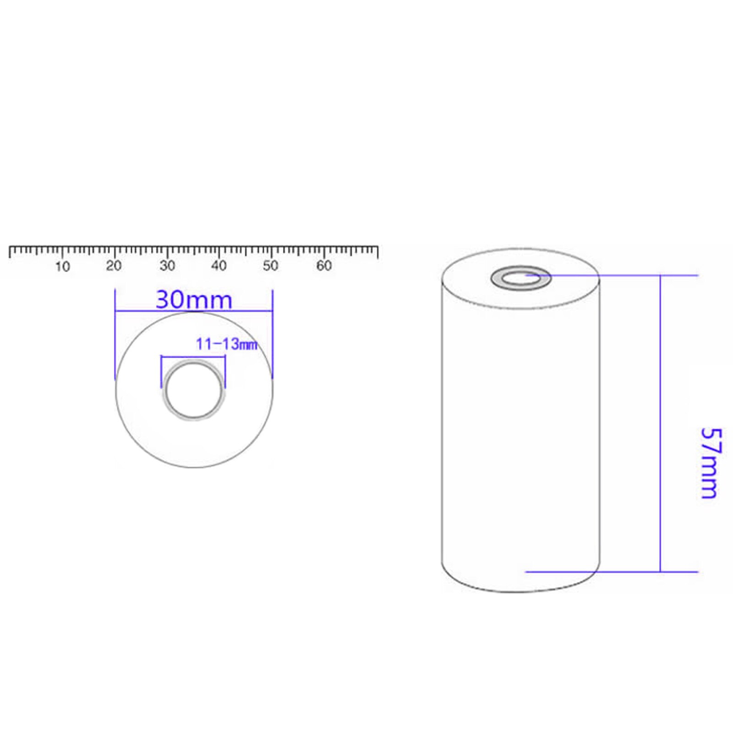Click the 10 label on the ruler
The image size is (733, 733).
pyautogui.click(x=62, y=266)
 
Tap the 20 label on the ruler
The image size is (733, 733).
pyautogui.click(x=114, y=266)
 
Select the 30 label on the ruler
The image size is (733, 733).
pyautogui.click(x=167, y=266)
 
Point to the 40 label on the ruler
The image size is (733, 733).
pyautogui.click(x=219, y=266)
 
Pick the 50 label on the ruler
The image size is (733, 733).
pyautogui.click(x=270, y=266)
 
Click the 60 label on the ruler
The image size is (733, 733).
pyautogui.click(x=324, y=266)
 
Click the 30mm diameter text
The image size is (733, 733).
pyautogui.click(x=194, y=300)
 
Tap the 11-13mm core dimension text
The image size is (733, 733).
pyautogui.click(x=226, y=344)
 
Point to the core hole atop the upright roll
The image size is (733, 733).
pyautogui.click(x=520, y=277)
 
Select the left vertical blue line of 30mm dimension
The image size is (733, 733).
pyautogui.click(x=115, y=334)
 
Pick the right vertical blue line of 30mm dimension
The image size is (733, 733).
pyautogui.click(x=273, y=334)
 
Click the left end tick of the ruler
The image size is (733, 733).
pyautogui.click(x=10, y=252)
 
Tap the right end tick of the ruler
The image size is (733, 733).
pyautogui.click(x=377, y=252)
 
